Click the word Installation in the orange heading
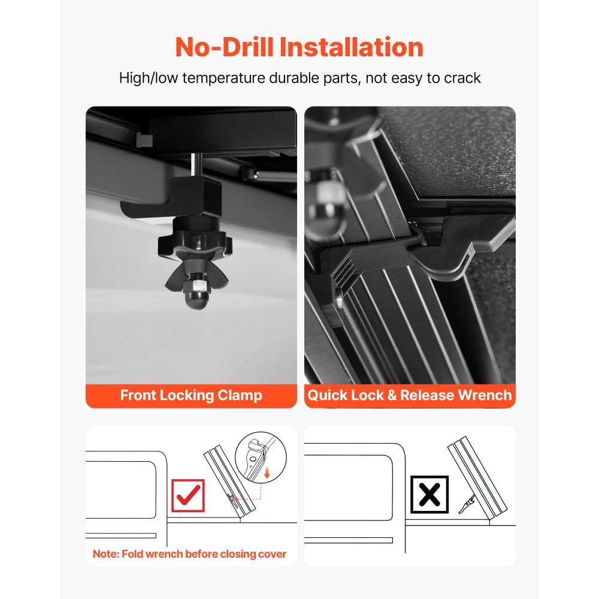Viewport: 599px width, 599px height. [352, 47]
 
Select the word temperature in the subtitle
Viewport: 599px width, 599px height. [223, 78]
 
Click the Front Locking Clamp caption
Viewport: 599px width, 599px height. [191, 395]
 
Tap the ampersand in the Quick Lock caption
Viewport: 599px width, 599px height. [392, 395]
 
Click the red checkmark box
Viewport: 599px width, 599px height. [188, 495]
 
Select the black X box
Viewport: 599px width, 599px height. [429, 494]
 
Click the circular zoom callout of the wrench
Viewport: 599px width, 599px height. [261, 457]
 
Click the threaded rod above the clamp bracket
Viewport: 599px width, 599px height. [196, 165]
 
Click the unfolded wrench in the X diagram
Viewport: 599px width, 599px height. [467, 504]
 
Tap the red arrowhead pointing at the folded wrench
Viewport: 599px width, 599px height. [237, 498]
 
